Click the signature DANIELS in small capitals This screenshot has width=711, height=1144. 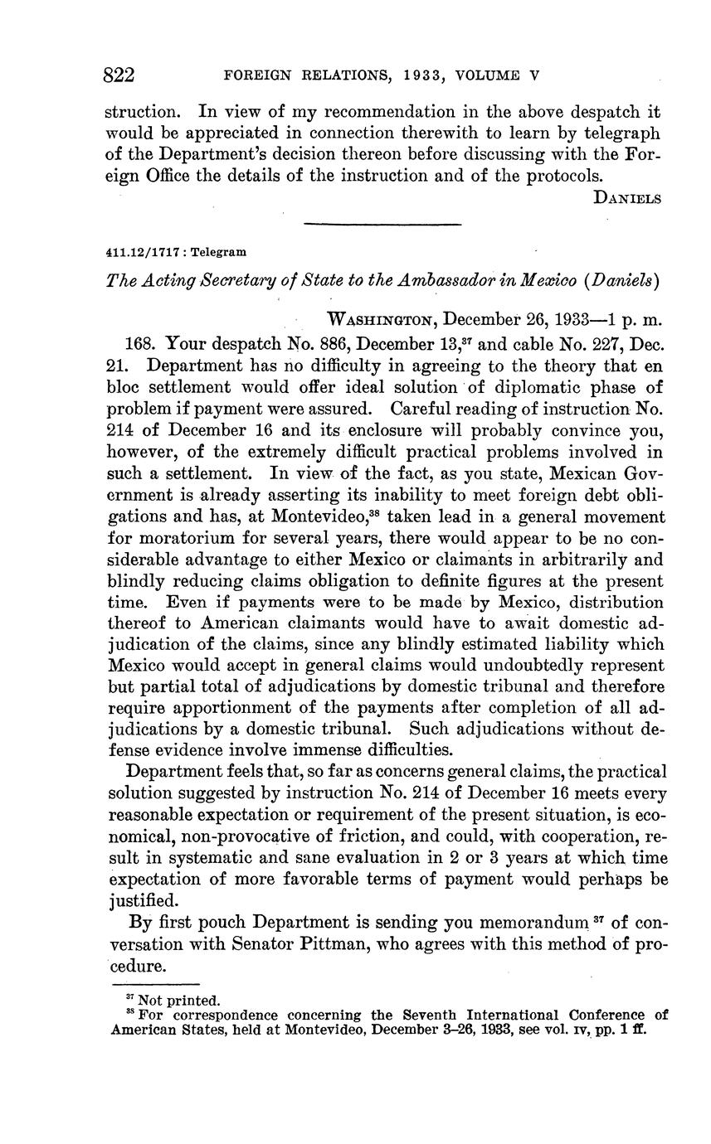click(x=628, y=197)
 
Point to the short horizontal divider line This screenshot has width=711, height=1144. click(x=382, y=224)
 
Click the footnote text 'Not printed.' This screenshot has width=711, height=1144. click(x=179, y=1001)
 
